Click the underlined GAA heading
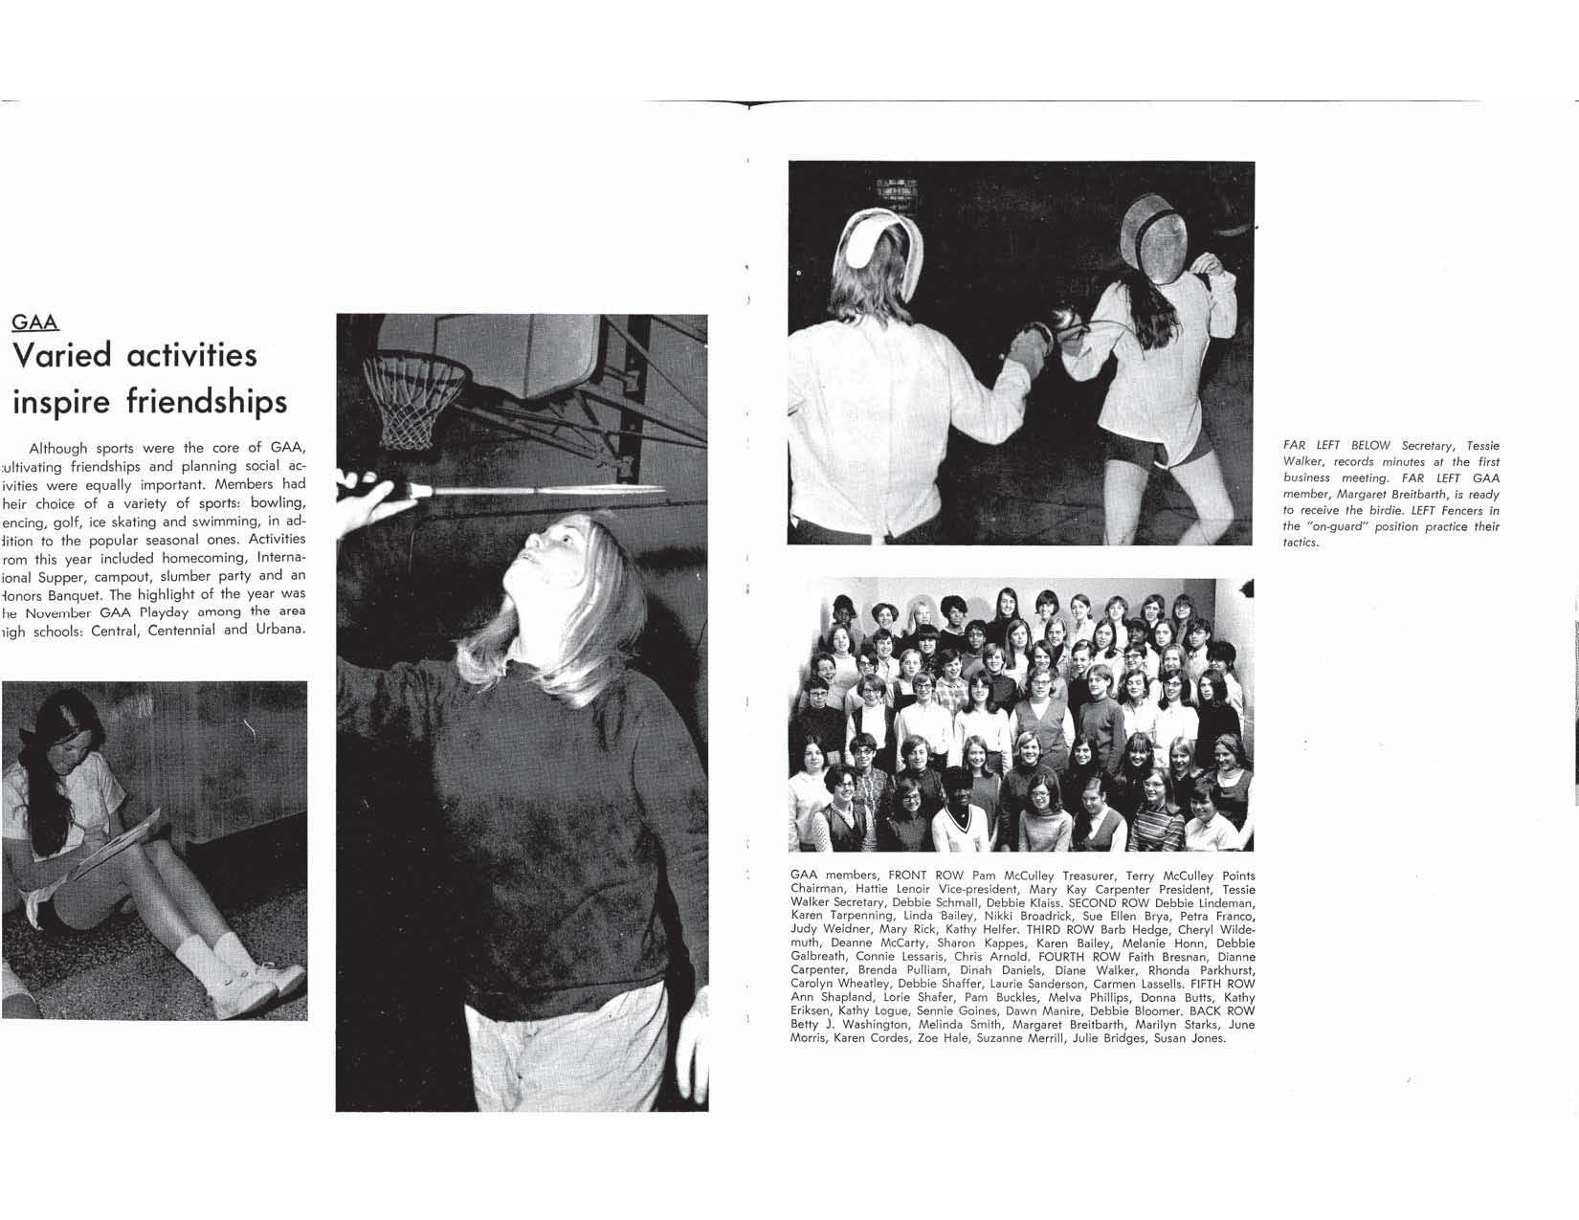click(34, 322)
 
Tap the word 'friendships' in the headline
click(206, 402)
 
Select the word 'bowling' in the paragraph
click(278, 502)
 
